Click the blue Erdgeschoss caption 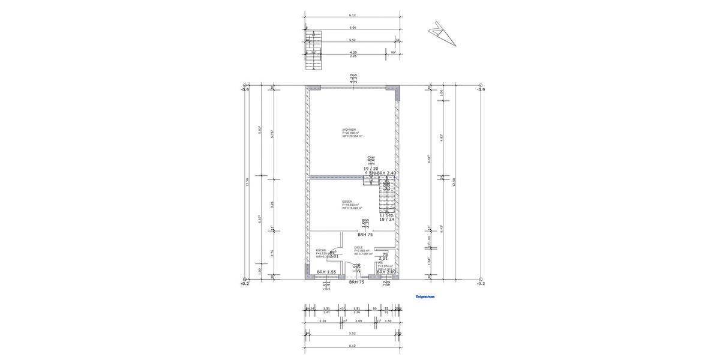(x=425, y=296)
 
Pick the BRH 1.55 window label (x=326, y=272)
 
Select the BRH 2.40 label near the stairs (x=386, y=173)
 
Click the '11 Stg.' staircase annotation (x=386, y=214)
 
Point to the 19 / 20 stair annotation (x=371, y=169)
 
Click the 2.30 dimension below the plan (x=322, y=321)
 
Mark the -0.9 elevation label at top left (x=244, y=89)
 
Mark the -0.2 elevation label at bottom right (x=480, y=284)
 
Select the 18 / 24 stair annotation (x=386, y=220)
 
